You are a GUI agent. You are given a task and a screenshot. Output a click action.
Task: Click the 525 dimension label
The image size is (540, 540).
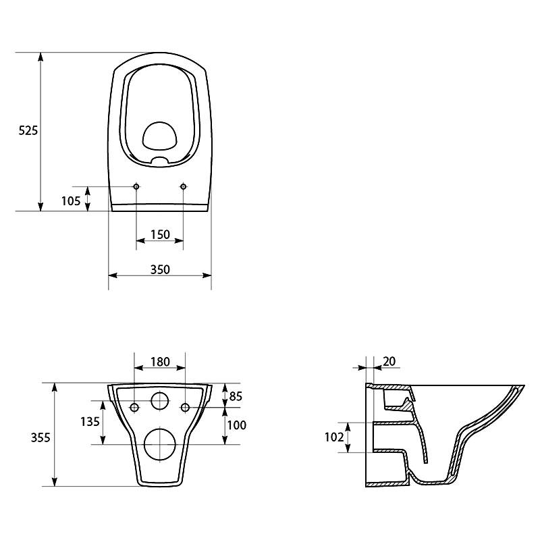pyautogui.click(x=28, y=130)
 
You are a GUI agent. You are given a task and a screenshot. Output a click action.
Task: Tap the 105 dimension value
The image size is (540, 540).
pyautogui.click(x=71, y=200)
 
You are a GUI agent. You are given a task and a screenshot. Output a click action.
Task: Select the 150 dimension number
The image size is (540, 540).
pyautogui.click(x=160, y=234)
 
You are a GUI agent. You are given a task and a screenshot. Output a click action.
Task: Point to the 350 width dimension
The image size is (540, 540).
pyautogui.click(x=160, y=269)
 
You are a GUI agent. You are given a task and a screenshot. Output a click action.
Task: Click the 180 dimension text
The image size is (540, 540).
pyautogui.click(x=160, y=362)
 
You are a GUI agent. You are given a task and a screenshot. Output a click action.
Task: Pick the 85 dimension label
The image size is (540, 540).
pyautogui.click(x=236, y=396)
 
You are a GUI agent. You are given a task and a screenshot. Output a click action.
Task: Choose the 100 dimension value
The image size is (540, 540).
pyautogui.click(x=237, y=425)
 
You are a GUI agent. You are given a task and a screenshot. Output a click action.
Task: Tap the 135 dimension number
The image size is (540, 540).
pyautogui.click(x=90, y=421)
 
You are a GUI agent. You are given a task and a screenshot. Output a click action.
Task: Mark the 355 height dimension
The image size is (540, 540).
pyautogui.click(x=40, y=437)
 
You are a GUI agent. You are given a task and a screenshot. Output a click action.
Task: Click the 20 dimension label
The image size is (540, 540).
pyautogui.click(x=389, y=361)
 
